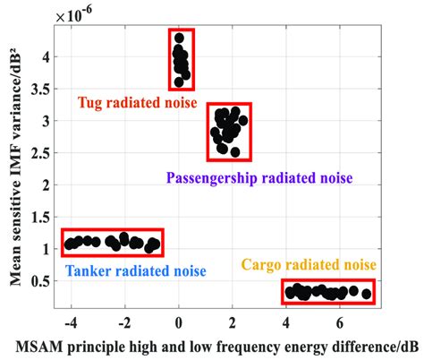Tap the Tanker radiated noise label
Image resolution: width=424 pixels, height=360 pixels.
135,271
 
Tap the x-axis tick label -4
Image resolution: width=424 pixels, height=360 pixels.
70,321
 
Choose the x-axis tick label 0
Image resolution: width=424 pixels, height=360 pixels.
179,321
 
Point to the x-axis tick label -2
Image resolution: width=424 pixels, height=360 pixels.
123,321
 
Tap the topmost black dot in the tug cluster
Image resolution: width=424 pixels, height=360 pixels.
180,39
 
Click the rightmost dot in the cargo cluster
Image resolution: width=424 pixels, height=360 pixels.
366,293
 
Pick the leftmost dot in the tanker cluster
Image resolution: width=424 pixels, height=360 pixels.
69,243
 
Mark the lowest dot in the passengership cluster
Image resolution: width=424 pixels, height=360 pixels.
235,152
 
